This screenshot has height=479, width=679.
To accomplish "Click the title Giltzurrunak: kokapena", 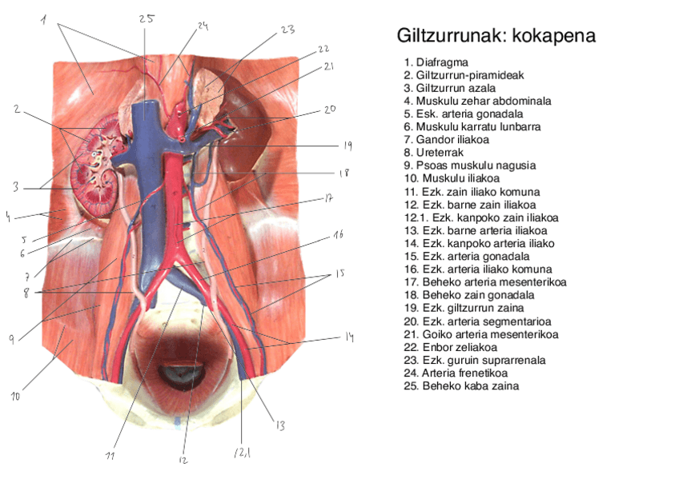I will pyautogui.click(x=496, y=37).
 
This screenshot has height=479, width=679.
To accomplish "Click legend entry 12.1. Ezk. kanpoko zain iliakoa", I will pyautogui.click(x=481, y=218).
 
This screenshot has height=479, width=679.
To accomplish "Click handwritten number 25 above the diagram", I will pyautogui.click(x=146, y=18).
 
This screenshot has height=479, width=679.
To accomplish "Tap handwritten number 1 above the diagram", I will pyautogui.click(x=43, y=19).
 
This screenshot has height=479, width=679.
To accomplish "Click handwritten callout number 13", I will pyautogui.click(x=279, y=425).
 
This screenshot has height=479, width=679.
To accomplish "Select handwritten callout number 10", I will pyautogui.click(x=16, y=395).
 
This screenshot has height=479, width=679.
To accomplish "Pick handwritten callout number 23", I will pyautogui.click(x=287, y=30).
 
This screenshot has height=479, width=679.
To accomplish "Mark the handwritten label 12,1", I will pyautogui.click(x=242, y=453).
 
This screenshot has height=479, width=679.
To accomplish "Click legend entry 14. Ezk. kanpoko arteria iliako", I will pyautogui.click(x=480, y=243).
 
